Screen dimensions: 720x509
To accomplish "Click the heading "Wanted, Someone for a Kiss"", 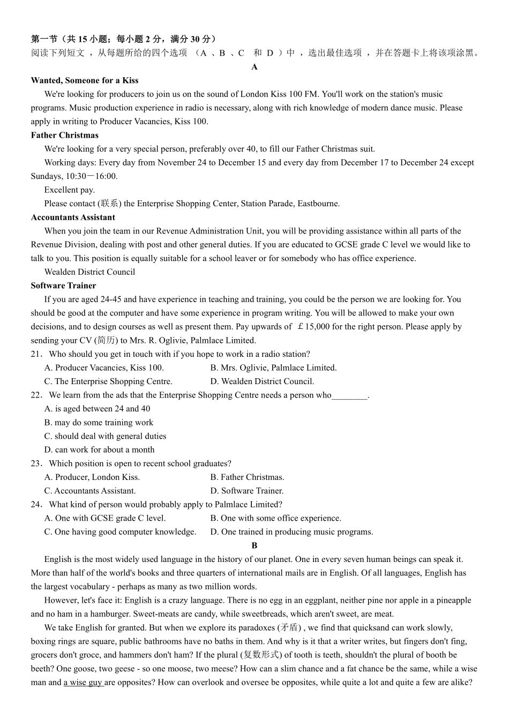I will point(85,80).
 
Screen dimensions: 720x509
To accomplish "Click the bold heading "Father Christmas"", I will point(65,135).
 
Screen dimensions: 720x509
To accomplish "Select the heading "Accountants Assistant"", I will point(73,217).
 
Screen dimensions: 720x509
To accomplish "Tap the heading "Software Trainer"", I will point(63,286).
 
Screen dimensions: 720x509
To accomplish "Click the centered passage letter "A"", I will point(254,67).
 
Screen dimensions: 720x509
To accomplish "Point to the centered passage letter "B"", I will point(254,545).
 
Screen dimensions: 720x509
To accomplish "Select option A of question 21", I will point(104,367).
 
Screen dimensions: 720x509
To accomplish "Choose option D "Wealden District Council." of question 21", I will point(262,381).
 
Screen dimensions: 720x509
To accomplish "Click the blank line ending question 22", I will point(349,396).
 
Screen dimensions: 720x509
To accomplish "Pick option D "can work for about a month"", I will point(99,449).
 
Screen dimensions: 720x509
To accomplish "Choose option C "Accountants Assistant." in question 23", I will point(90,491).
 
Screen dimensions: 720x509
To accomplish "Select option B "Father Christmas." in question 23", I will point(247,477).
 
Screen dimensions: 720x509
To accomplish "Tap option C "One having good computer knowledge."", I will point(120,531).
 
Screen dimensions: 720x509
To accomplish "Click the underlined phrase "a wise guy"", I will point(83,682).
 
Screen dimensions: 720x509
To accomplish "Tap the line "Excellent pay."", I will point(70,190).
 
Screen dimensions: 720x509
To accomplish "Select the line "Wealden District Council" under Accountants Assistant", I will point(89,272).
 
